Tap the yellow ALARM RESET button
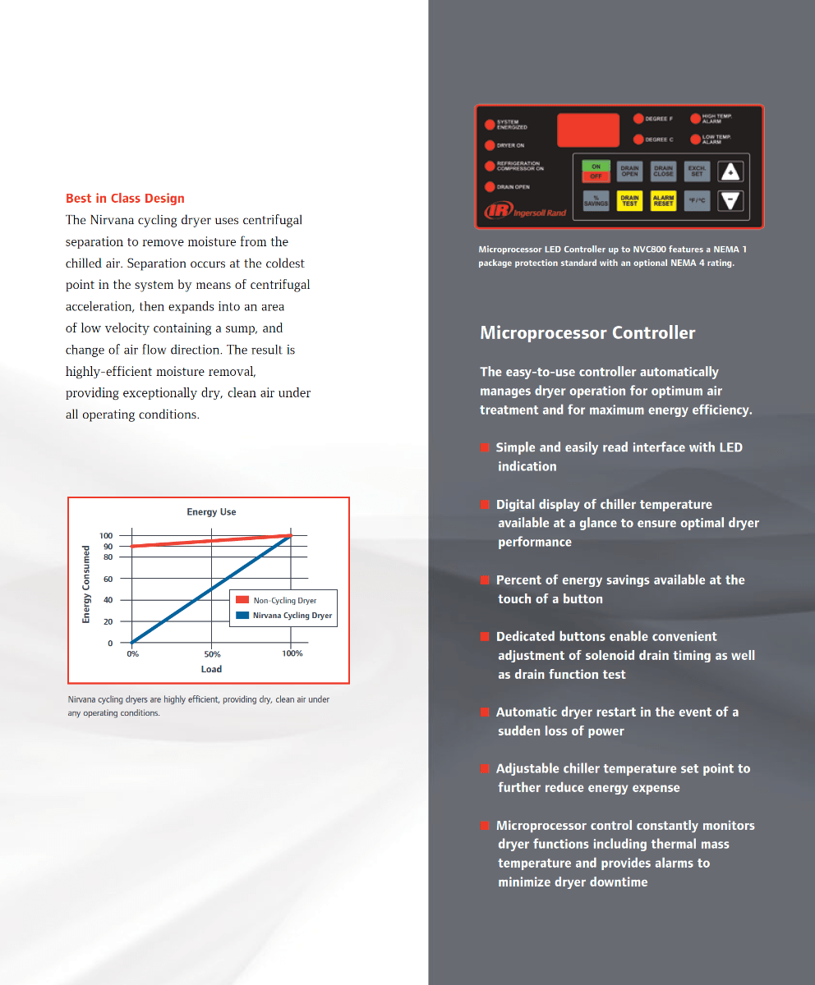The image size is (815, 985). point(663,200)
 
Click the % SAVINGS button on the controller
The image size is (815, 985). point(596,200)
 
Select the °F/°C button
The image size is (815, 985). point(697,200)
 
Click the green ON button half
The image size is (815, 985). point(596,167)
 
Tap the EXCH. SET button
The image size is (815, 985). point(697,171)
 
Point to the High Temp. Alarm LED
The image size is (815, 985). point(695,119)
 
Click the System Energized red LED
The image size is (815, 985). point(490,125)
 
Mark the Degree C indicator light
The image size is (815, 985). point(638,140)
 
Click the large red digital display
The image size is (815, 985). point(587,130)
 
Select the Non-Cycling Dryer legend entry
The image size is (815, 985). point(284,601)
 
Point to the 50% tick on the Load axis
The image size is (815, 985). point(212,654)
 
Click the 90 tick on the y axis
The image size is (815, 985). point(108,547)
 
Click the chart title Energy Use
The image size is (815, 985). point(211,512)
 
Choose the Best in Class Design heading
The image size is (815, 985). point(125,199)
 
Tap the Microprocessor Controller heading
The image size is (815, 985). point(587,333)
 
